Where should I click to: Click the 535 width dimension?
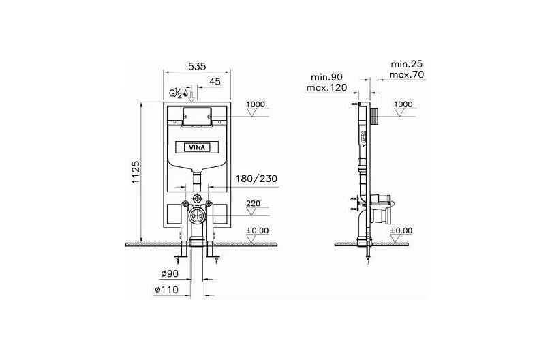coord(197,66)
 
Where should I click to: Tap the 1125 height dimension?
coord(136,172)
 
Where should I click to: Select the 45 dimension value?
coord(215,81)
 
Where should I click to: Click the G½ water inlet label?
coord(176,93)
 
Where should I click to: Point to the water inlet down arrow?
coord(191,96)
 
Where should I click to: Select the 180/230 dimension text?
coord(256,179)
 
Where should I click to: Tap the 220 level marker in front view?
coord(253,203)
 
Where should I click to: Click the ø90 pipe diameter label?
coord(170,273)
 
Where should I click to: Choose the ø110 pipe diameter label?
coord(167,290)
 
